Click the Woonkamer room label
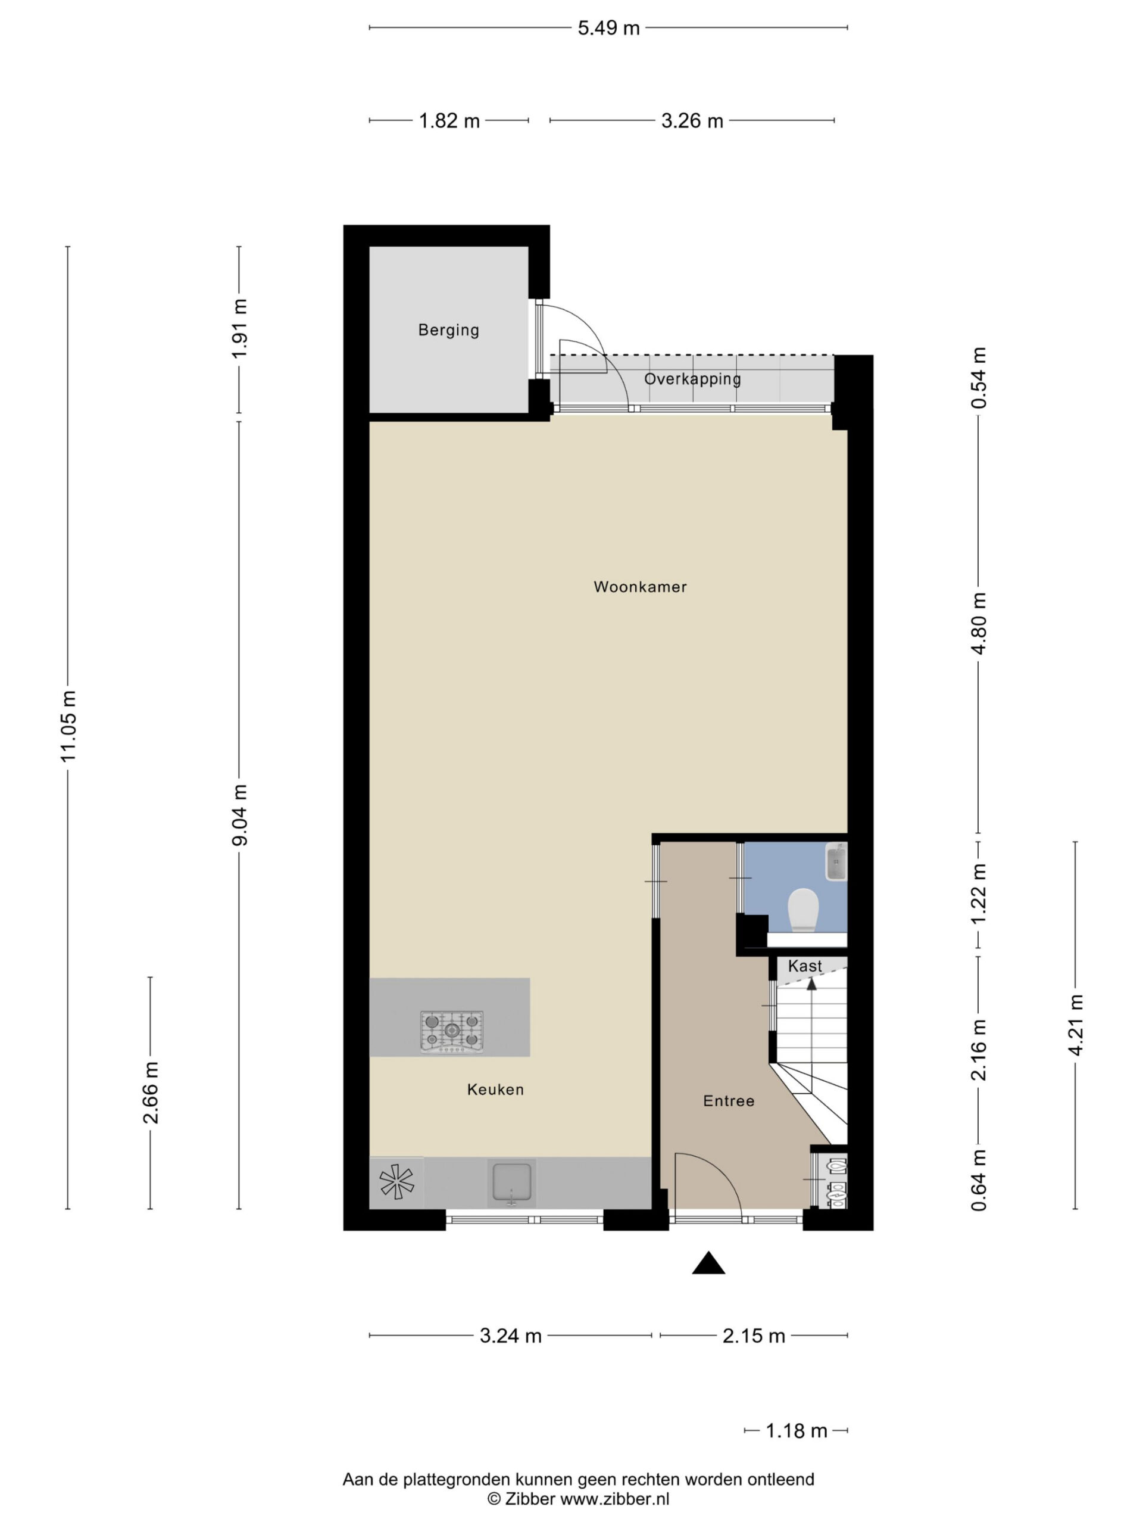coord(639,587)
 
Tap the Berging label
coord(448,329)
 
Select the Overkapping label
coord(692,378)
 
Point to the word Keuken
coord(495,1090)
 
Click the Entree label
coord(728,1101)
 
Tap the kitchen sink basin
coord(511,1183)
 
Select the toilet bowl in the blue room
coord(802,910)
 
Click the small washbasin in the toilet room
coord(836,862)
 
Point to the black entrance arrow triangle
coord(708,1262)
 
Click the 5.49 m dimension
coord(608,28)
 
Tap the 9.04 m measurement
coord(239,815)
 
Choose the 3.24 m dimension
coord(511,1336)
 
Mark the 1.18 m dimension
coord(797,1430)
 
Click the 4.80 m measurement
coord(978,623)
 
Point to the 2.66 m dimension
coord(150,1093)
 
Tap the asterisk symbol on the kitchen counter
coord(397,1181)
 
